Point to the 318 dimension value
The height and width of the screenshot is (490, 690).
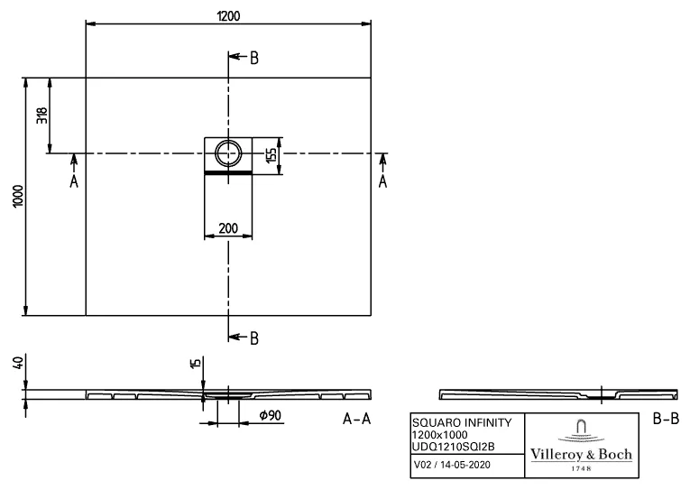click(41, 116)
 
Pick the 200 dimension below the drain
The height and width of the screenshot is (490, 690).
click(228, 229)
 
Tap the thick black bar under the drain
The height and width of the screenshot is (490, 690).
click(228, 171)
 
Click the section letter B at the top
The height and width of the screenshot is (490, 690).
click(254, 58)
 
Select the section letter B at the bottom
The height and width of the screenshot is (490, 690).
click(254, 338)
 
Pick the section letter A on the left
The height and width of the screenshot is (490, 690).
click(74, 181)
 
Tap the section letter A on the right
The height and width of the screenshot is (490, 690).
click(382, 181)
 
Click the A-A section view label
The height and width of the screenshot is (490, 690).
click(357, 420)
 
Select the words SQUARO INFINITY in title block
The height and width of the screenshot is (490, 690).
click(462, 422)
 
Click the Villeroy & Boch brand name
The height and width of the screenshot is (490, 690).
click(579, 454)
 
